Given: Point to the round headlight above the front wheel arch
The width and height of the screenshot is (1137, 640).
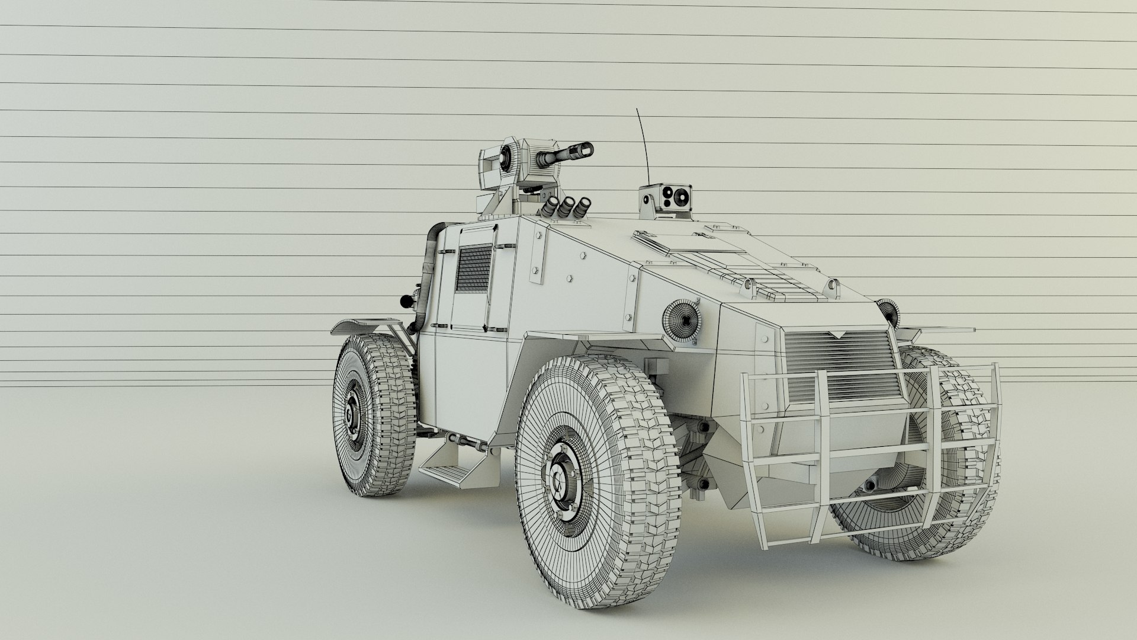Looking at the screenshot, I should click(682, 321).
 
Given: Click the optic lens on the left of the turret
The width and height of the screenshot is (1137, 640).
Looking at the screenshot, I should click(506, 157).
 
